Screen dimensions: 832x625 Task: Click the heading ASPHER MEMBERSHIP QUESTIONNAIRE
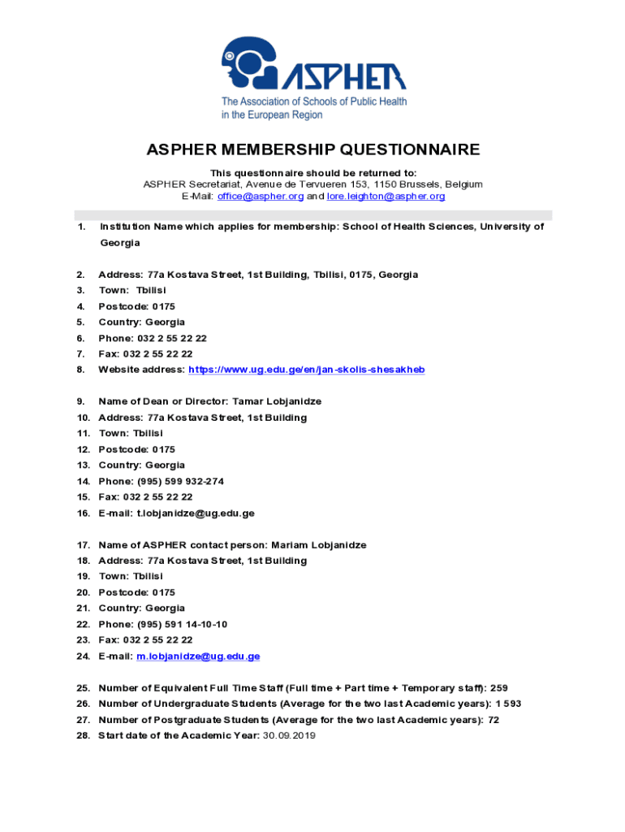[x=312, y=150]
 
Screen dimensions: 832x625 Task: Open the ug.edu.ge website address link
[x=306, y=370]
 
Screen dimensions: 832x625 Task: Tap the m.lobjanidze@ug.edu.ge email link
[x=198, y=656]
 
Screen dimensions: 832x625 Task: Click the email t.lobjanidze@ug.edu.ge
[x=196, y=513]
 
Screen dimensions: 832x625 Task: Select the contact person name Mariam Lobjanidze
[x=318, y=545]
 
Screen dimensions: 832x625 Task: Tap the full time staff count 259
[x=499, y=688]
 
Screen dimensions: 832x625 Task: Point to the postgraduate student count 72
[x=493, y=720]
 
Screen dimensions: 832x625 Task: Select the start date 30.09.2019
[x=289, y=736]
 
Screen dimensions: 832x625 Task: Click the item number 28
[x=82, y=736]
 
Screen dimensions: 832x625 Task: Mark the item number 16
[x=82, y=513]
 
